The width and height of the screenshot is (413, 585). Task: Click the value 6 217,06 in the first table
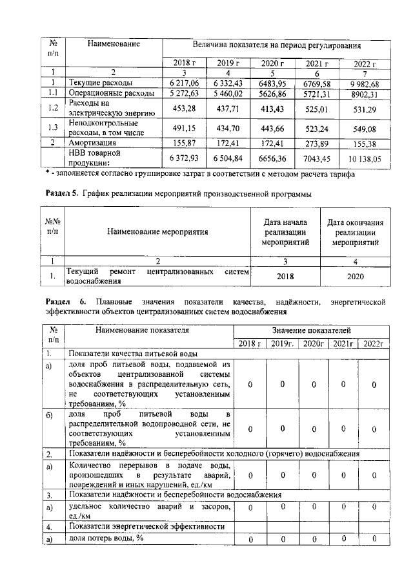181,84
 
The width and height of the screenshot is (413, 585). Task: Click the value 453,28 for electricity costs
181,108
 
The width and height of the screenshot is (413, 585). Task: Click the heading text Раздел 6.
63,301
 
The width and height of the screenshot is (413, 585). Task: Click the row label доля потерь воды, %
106,538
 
